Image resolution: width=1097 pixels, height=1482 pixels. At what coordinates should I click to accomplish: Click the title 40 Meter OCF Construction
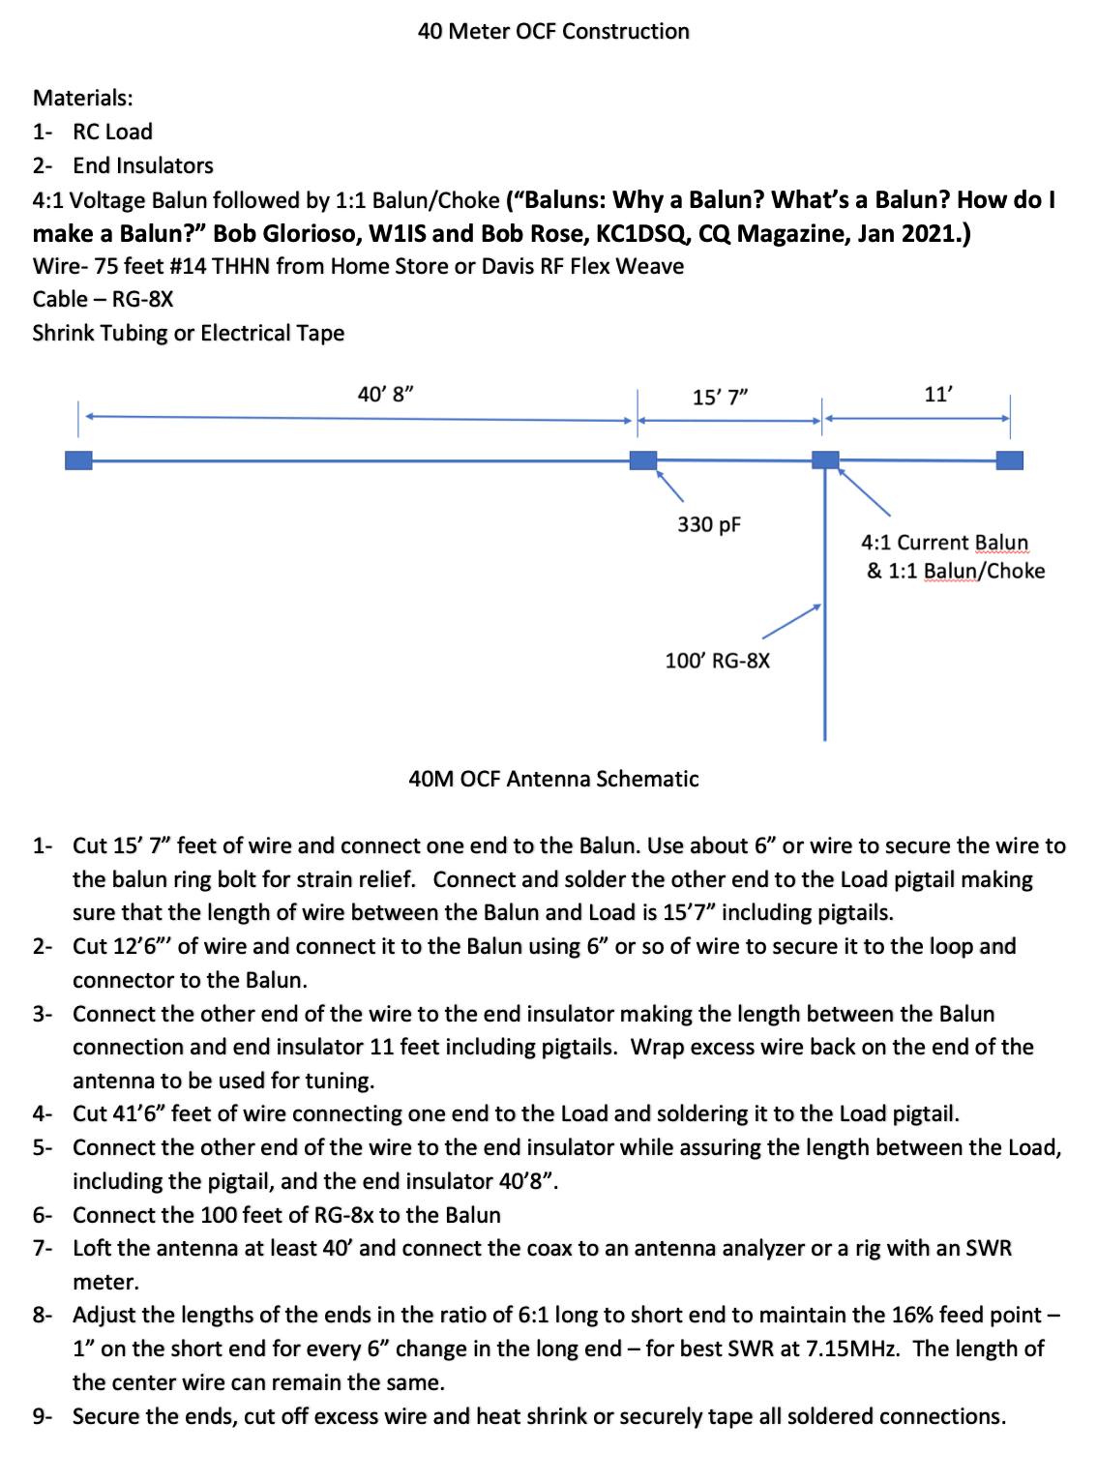point(553,32)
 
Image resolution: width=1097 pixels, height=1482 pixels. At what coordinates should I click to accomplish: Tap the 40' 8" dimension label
point(385,395)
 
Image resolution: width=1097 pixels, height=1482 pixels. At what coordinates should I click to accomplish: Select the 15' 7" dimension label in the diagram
point(720,398)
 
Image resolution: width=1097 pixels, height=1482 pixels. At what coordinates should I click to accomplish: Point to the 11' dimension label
point(937,395)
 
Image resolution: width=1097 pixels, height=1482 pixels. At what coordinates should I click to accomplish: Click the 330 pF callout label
point(708,525)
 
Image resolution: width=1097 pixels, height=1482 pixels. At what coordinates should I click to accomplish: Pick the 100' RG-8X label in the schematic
point(717,662)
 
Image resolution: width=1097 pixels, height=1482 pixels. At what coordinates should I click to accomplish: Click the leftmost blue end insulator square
point(78,460)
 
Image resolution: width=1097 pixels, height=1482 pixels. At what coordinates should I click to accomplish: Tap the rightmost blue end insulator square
point(1009,459)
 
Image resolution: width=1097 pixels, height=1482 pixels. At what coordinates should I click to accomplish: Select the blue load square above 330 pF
point(643,460)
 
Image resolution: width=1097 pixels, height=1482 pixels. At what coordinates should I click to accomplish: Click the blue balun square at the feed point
point(825,459)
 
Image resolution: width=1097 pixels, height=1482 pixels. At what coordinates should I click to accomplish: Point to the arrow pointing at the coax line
point(791,622)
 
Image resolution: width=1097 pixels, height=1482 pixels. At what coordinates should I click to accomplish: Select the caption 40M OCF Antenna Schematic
point(553,780)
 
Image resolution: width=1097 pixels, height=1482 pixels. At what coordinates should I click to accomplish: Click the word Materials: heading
point(83,99)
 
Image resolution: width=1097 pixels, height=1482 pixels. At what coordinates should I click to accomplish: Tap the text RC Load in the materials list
point(112,133)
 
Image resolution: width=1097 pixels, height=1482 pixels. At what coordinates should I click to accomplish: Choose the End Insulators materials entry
point(143,166)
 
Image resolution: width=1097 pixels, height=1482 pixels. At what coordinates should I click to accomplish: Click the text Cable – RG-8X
point(103,300)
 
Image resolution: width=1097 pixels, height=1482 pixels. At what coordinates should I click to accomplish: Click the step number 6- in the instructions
point(43,1216)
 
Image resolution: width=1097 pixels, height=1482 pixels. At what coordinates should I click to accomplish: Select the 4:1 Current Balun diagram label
point(944,543)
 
